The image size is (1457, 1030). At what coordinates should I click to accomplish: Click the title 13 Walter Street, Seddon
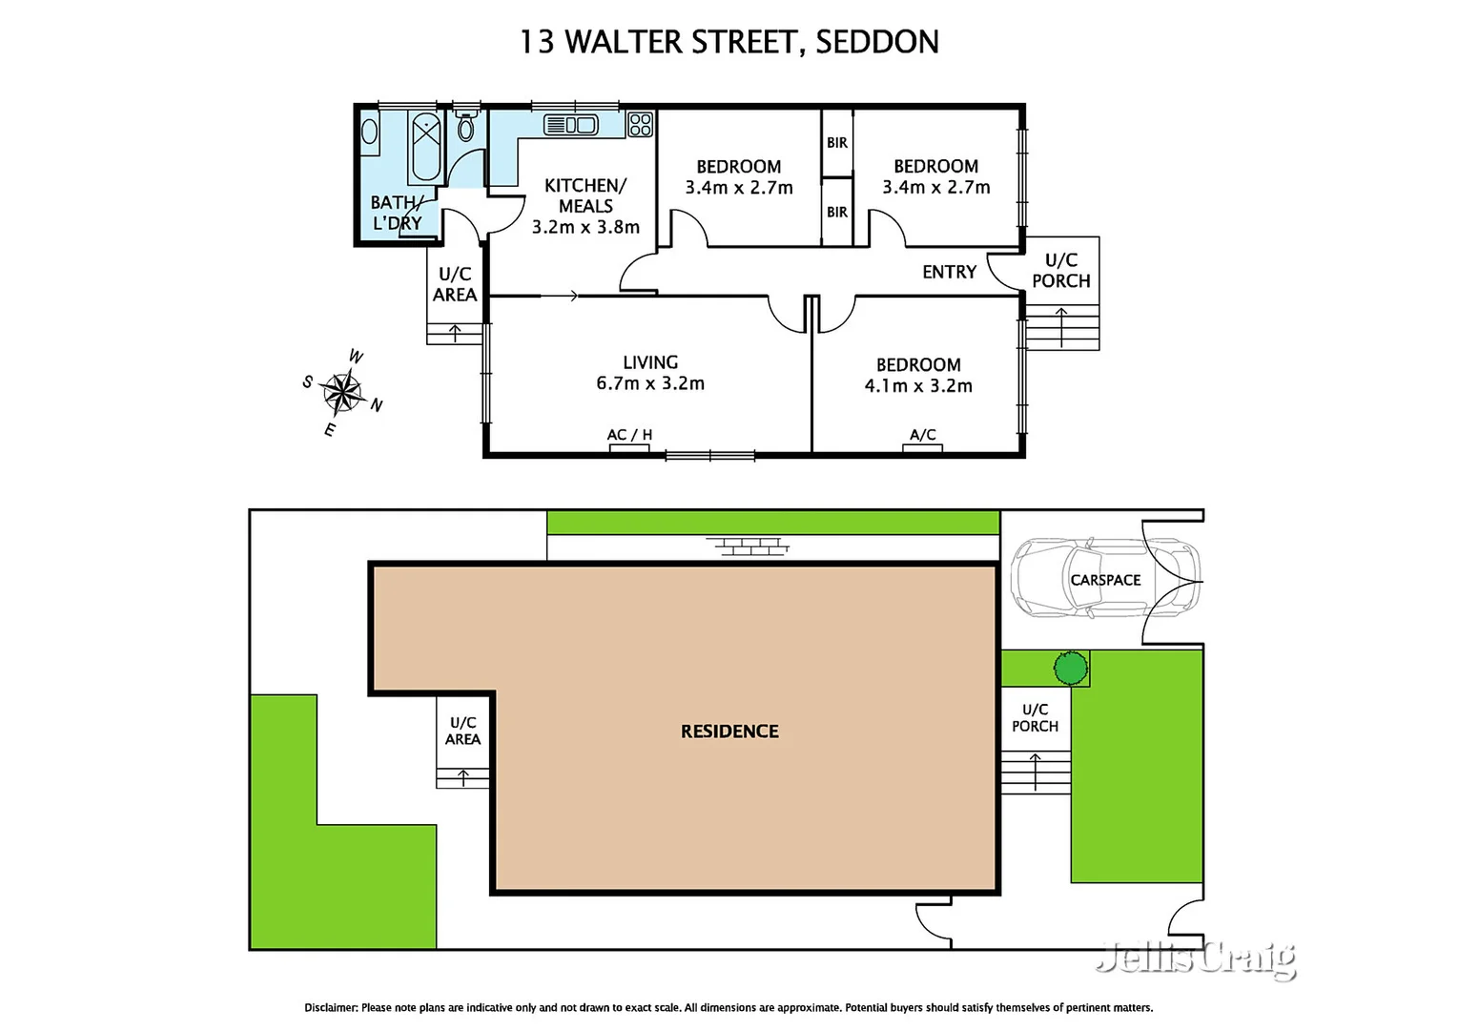(728, 42)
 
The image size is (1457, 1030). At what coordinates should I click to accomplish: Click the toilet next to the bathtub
(465, 126)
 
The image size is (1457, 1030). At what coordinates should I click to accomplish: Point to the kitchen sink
(570, 125)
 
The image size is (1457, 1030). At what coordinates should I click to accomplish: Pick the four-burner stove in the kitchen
(640, 125)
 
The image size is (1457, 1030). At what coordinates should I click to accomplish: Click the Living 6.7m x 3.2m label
(650, 373)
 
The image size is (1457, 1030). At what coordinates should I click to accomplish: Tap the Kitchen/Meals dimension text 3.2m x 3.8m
(585, 227)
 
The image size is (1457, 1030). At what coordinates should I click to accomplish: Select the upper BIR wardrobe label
(837, 143)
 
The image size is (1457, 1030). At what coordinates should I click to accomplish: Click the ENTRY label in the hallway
(949, 273)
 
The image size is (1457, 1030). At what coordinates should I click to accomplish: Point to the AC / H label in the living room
(629, 435)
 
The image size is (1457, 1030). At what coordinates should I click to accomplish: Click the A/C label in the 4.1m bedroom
(922, 435)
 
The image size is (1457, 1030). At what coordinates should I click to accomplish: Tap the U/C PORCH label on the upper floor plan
(1060, 271)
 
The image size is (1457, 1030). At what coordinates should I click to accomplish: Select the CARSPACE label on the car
(1105, 580)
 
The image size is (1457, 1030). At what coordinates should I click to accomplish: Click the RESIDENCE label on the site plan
(729, 731)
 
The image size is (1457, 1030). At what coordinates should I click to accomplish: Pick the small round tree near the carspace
(1071, 668)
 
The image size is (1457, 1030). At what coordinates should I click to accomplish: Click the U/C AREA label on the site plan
(462, 731)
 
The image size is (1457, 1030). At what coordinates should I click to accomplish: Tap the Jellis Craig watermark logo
(1196, 958)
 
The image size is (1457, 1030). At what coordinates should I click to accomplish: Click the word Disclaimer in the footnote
(331, 1007)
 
